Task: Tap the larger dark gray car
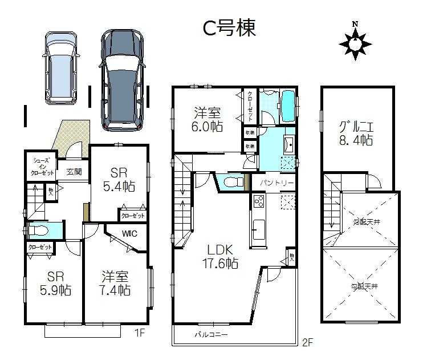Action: coord(122,78)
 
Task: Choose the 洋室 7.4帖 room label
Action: coord(116,283)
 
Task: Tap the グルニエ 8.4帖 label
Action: coord(355,132)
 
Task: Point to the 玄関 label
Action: coord(74,172)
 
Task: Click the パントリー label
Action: coord(276,183)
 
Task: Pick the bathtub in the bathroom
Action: coord(288,105)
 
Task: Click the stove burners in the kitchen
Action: coord(258,202)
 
